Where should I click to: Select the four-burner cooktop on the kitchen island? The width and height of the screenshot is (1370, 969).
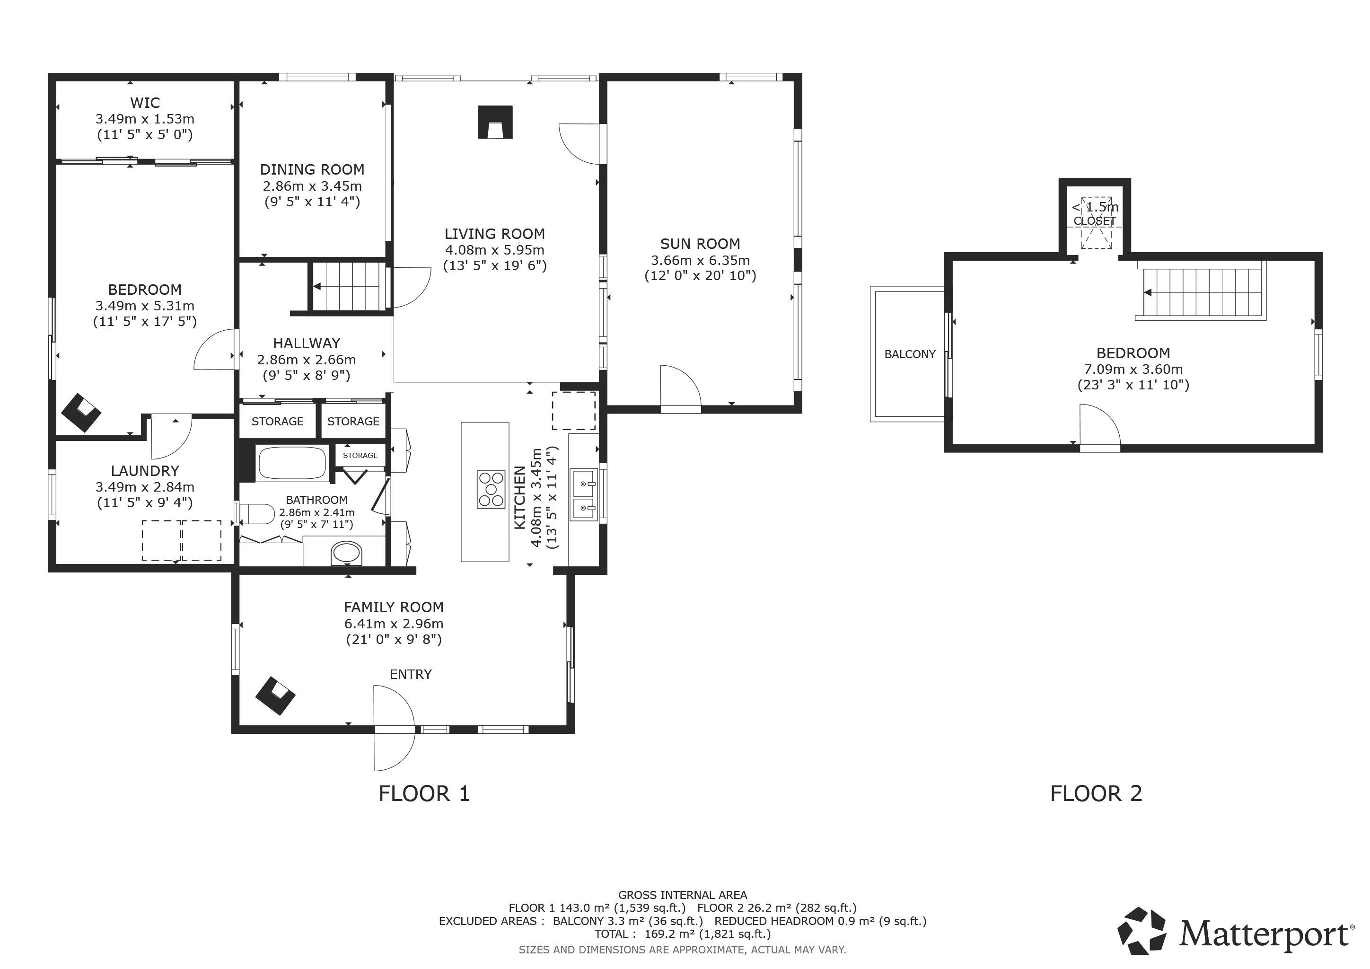491,489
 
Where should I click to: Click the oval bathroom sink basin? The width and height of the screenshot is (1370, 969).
347,553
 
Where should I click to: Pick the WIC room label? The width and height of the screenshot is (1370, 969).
145,103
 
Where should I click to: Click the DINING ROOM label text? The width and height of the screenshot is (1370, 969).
312,169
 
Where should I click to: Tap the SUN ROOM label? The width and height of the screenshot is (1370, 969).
700,244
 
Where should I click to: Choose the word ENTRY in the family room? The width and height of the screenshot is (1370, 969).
411,674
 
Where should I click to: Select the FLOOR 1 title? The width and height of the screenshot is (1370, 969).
424,793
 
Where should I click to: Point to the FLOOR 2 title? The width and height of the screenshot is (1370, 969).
1096,793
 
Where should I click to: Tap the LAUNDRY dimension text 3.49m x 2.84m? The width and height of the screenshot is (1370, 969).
145,487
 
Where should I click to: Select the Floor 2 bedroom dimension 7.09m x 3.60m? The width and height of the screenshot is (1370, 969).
1133,370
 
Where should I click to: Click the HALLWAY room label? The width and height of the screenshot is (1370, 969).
307,343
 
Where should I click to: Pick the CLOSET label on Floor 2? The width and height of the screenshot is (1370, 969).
1095,221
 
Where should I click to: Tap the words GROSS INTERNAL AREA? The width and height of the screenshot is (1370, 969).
683,895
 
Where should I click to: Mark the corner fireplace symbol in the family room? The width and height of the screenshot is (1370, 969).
275,695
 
